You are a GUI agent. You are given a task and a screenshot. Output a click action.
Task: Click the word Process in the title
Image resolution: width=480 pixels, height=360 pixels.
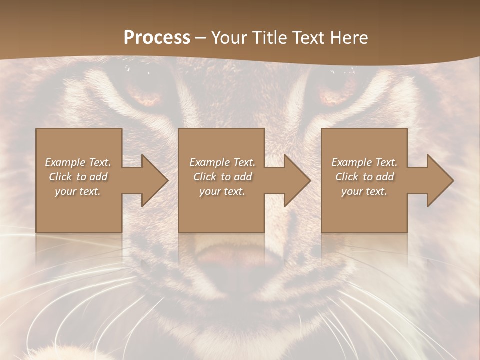coord(157,38)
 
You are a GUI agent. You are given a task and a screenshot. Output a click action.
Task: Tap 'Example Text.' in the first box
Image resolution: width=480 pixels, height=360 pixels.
coord(78,162)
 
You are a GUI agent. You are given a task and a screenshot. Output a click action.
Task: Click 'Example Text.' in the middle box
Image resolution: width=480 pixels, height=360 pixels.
coord(222,162)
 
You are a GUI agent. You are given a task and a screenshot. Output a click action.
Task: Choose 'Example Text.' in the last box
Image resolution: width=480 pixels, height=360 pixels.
coord(364,162)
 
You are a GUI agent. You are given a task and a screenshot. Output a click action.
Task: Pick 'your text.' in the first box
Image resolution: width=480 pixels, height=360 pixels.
coord(78,191)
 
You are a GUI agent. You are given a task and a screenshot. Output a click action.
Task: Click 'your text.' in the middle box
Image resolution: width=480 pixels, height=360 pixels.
coord(222,191)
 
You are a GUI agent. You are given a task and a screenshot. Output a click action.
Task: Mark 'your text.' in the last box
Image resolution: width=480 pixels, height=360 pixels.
coord(364,191)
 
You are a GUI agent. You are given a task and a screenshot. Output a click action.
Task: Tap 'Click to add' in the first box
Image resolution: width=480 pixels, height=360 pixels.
coord(78,177)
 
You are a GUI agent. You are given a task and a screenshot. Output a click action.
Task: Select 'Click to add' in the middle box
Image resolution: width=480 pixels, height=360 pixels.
coord(222,177)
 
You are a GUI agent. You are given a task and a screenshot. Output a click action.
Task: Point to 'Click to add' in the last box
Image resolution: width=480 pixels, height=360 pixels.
coord(364,177)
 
